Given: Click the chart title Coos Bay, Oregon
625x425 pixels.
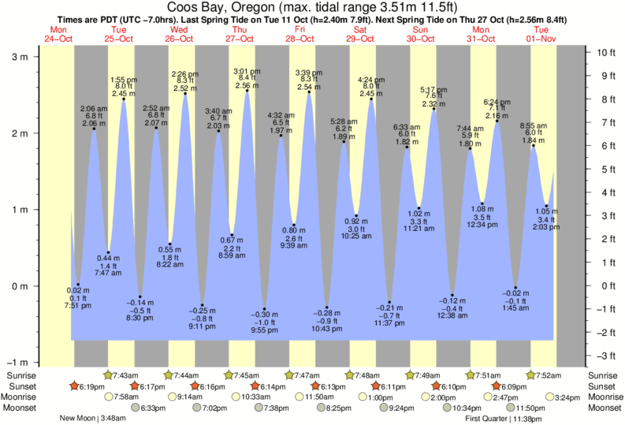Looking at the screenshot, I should pos(312,7).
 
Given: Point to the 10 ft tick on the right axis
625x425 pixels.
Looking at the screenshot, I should pos(603,53).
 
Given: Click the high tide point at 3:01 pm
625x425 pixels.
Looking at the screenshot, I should pos(247,91).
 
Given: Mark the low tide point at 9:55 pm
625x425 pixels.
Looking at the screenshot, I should pos(265,309).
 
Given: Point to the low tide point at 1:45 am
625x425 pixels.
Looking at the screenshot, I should pos(515,288).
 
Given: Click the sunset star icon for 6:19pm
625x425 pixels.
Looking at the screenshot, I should pos(74,386).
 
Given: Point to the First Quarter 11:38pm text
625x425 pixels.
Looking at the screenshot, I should pos(501,419).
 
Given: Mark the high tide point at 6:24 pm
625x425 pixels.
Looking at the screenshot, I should pos(497,121).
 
